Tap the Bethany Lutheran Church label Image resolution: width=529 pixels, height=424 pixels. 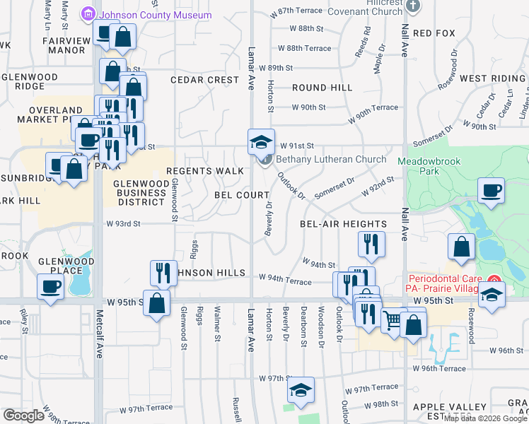pos(330,160)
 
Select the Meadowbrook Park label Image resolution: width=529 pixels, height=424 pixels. pos(434,166)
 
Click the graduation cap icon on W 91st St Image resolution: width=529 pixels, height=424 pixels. pos(260,141)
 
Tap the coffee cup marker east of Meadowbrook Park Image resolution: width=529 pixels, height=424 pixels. pos(491,190)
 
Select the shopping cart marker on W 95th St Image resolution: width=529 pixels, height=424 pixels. pos(393,320)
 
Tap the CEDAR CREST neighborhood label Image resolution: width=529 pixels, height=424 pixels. pos(204,80)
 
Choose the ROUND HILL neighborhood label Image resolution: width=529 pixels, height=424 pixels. pos(322,88)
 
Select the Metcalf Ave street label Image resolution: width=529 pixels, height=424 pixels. pos(100,367)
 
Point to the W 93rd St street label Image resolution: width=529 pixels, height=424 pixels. pos(124,223)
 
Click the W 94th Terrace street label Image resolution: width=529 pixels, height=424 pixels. pos(285,281)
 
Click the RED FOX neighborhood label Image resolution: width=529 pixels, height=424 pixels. pos(433,33)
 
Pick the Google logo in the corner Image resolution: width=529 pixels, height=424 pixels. pos(23,415)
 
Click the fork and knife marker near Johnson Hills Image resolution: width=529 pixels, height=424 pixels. pos(163,273)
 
